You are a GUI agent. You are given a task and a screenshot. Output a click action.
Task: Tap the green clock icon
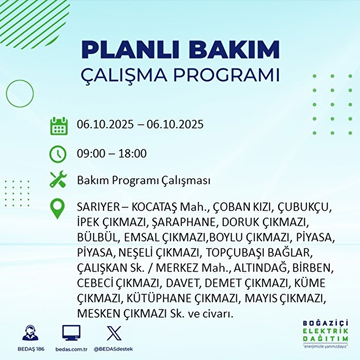tap(58, 154)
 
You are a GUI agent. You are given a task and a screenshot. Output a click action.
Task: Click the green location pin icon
tap(58, 209)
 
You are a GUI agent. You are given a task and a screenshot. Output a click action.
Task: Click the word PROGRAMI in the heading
tap(227, 75)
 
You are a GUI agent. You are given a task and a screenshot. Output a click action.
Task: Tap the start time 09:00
tap(91, 154)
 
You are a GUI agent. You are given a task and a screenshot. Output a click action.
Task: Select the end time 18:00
tap(132, 154)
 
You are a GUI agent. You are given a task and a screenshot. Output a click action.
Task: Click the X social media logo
tap(114, 333)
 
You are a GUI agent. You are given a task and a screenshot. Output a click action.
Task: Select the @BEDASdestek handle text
tap(113, 349)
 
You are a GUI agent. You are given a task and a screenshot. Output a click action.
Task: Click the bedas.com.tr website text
tap(71, 349)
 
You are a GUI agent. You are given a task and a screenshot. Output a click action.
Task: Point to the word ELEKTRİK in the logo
tap(325, 331)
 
